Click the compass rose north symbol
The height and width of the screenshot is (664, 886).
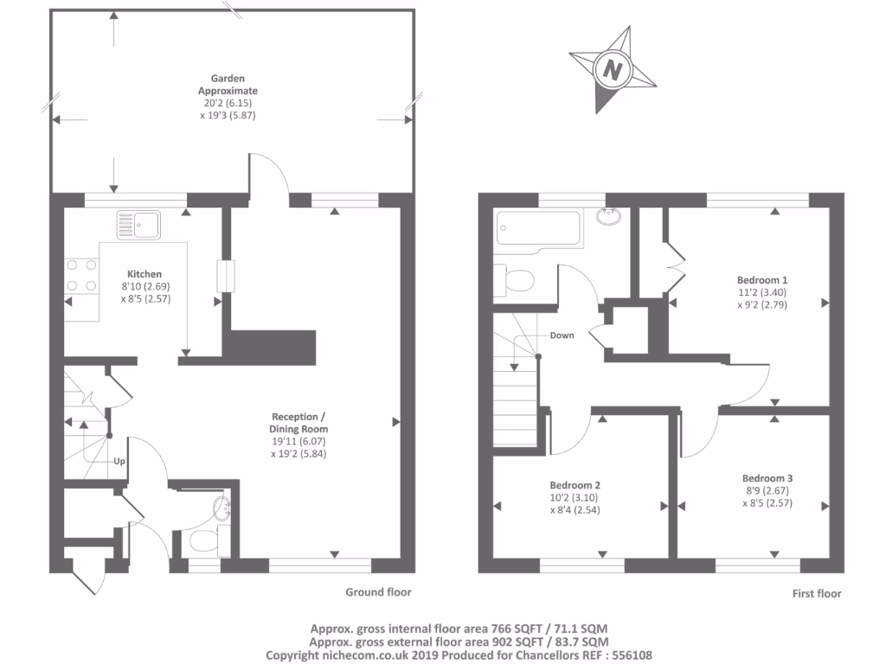[614, 68]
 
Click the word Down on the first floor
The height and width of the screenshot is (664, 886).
[562, 335]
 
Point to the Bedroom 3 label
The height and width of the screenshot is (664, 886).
[767, 478]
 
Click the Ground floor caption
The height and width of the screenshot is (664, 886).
[378, 592]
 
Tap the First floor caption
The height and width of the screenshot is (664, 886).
[816, 594]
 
